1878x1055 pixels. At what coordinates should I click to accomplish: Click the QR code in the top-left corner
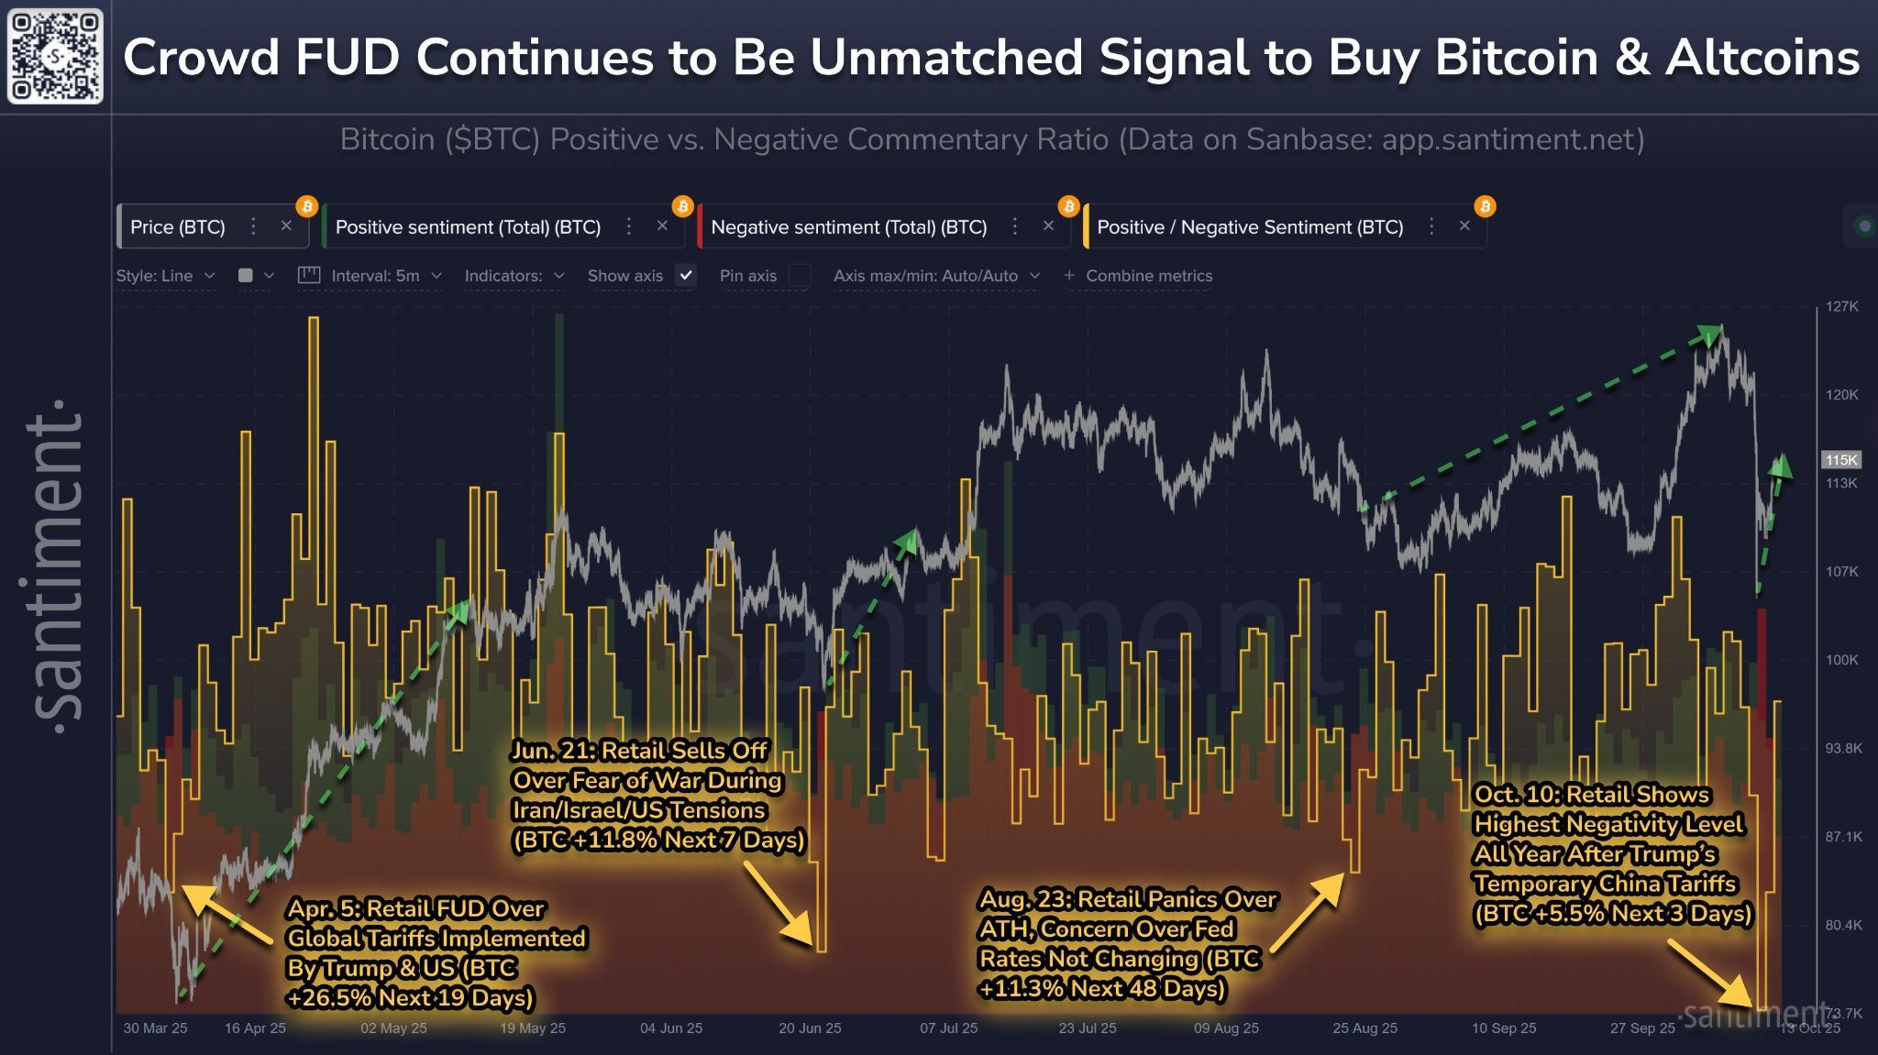pyautogui.click(x=55, y=56)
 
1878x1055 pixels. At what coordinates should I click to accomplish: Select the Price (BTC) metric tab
pyautogui.click(x=177, y=227)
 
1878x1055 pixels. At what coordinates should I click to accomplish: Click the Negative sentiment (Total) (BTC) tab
pyautogui.click(x=848, y=227)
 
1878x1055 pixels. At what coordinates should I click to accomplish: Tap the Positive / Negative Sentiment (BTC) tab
pyautogui.click(x=1249, y=227)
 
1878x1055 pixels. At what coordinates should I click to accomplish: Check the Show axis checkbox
pyautogui.click(x=685, y=275)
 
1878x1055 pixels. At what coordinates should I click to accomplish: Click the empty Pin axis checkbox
pyautogui.click(x=800, y=275)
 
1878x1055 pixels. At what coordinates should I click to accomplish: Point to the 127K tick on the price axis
pyautogui.click(x=1840, y=306)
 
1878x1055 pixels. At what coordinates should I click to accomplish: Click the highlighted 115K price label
pyautogui.click(x=1840, y=460)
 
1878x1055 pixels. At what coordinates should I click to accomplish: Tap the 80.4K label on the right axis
pyautogui.click(x=1842, y=925)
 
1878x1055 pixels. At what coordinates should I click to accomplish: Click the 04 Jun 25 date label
pyautogui.click(x=671, y=1028)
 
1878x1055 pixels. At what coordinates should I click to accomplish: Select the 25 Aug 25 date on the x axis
pyautogui.click(x=1364, y=1028)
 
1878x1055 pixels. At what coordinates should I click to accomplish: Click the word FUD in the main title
pyautogui.click(x=348, y=57)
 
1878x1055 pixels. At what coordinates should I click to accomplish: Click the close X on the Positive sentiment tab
pyautogui.click(x=662, y=226)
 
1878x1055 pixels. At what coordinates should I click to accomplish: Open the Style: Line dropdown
pyautogui.click(x=165, y=275)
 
